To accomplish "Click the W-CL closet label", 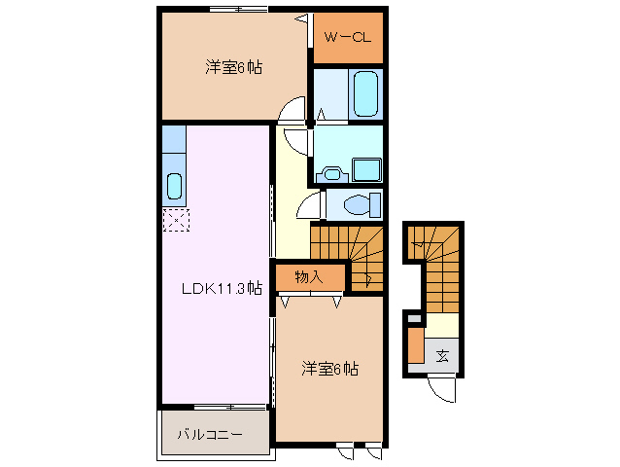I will tap(347, 40).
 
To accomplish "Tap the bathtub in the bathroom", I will tap(364, 93).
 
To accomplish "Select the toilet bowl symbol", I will tap(359, 205).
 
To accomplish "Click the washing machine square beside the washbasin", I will tap(368, 169).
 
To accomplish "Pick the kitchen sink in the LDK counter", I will tap(174, 184).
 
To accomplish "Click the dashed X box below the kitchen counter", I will tap(174, 221).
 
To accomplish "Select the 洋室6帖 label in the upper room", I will tap(233, 67).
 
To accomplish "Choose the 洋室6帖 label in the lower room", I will tap(329, 369).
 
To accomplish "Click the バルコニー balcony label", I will tap(209, 434).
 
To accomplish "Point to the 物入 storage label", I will tap(309, 278).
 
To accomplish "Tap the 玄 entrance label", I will tap(442, 355).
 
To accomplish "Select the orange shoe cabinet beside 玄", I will tap(415, 347).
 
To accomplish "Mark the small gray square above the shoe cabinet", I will tap(415, 317).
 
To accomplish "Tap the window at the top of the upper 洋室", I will tap(238, 10).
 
